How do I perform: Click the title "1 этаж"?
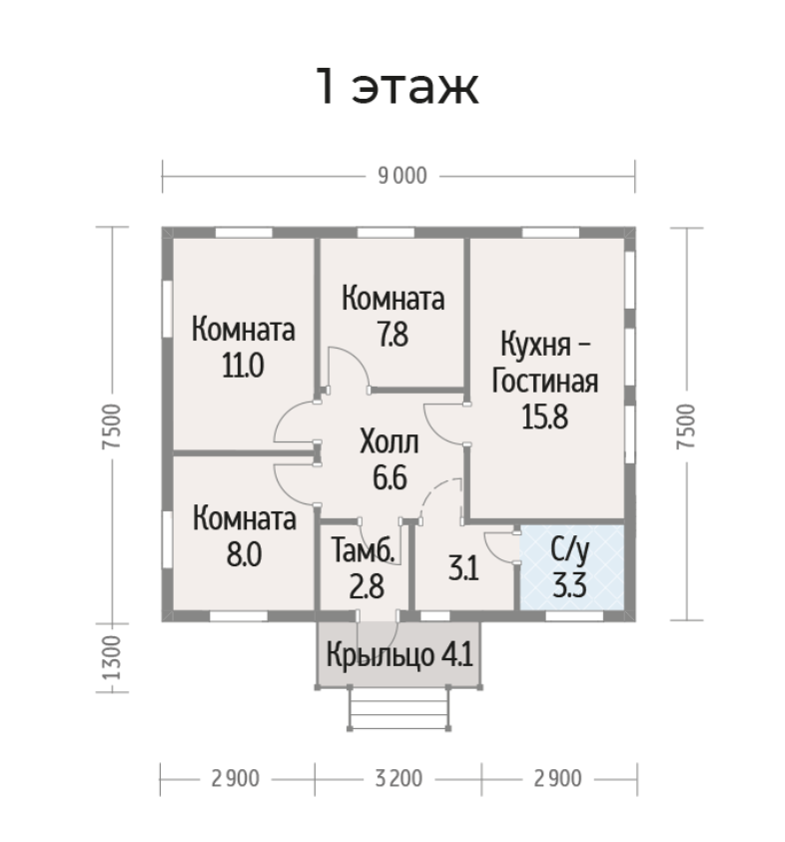pyautogui.click(x=397, y=88)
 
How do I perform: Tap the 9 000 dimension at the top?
pyautogui.click(x=400, y=177)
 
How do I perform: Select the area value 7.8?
pyautogui.click(x=392, y=334)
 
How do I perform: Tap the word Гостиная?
pyautogui.click(x=546, y=381)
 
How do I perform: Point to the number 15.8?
pyautogui.click(x=544, y=417)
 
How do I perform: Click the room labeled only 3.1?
pyautogui.click(x=460, y=571)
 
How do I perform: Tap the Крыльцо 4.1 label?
pyautogui.click(x=398, y=656)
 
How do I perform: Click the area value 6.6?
pyautogui.click(x=389, y=477)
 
